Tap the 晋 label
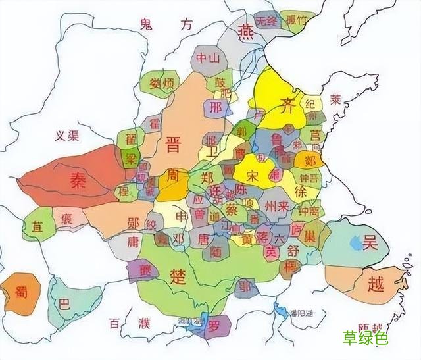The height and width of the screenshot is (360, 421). pyautogui.click(x=174, y=143)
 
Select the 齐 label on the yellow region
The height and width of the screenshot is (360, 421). pyautogui.click(x=287, y=102)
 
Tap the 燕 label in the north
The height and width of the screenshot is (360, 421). pyautogui.click(x=247, y=30)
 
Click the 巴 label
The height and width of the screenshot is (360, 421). pyautogui.click(x=64, y=305)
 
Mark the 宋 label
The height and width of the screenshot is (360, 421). pyautogui.click(x=253, y=177)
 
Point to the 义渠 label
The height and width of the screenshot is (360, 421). pyautogui.click(x=66, y=136)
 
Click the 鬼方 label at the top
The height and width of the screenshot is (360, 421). pyautogui.click(x=169, y=25)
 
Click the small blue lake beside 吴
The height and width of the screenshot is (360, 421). pyautogui.click(x=355, y=244)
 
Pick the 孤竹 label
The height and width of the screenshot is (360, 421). pyautogui.click(x=297, y=19)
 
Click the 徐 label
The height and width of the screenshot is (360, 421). pyautogui.click(x=301, y=192)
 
